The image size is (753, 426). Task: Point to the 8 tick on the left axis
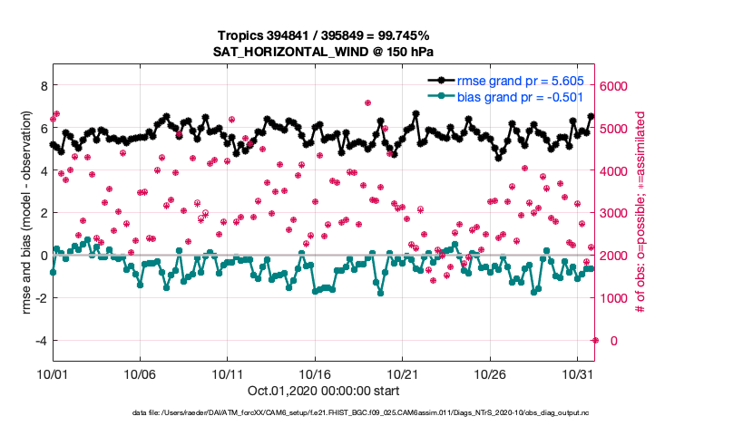click(42, 85)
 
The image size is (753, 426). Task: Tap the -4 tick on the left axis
click(39, 340)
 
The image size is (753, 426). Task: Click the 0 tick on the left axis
click(42, 256)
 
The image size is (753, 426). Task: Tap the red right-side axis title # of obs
click(641, 213)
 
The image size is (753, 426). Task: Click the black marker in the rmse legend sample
click(442, 81)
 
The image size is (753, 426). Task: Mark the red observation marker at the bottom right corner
click(595, 340)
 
